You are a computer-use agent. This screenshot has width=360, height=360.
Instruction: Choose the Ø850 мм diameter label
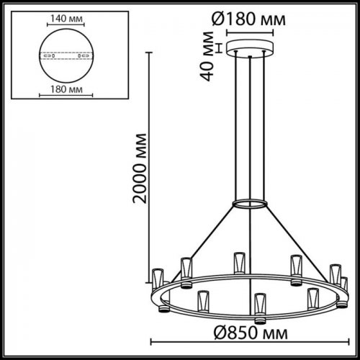[247, 334]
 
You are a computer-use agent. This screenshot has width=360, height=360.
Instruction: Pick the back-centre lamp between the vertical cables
[237, 263]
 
